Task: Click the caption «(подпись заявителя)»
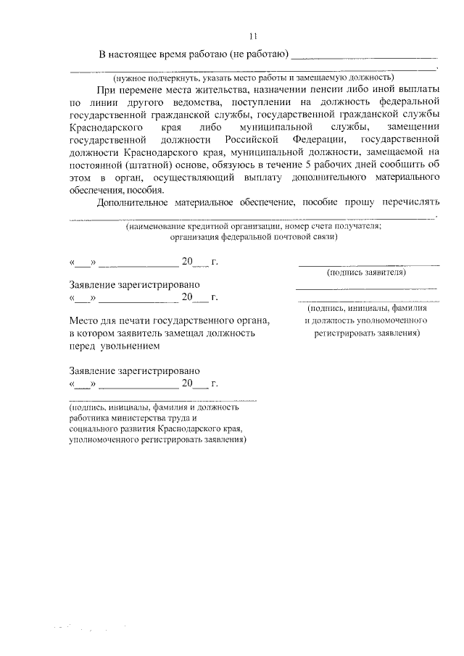click(x=366, y=273)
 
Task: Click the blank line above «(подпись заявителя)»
click(x=369, y=264)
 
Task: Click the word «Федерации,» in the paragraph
click(x=318, y=138)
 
